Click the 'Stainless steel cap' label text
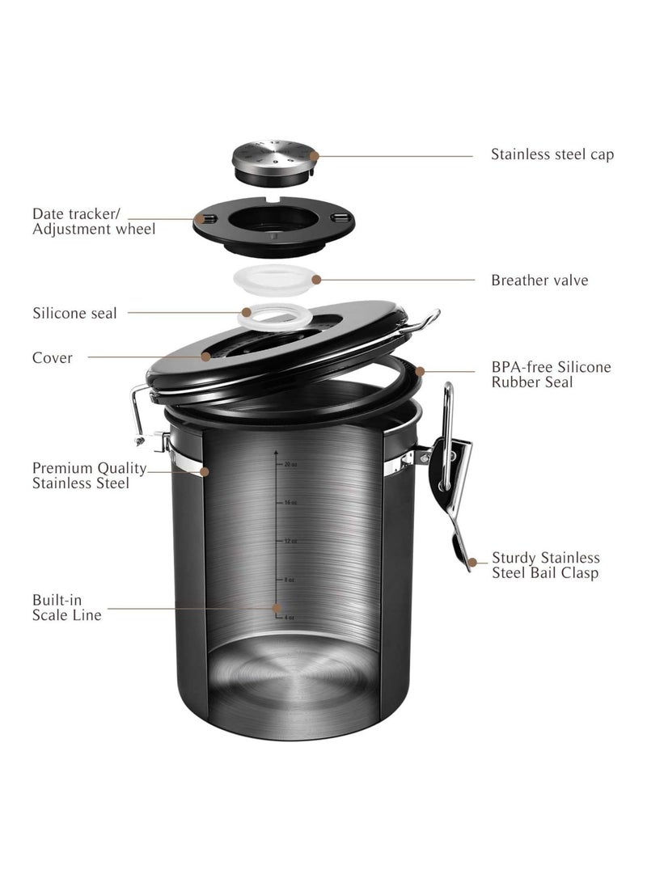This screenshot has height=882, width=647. click(552, 154)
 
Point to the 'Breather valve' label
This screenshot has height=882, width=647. click(539, 281)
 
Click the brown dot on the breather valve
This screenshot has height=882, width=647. click(316, 280)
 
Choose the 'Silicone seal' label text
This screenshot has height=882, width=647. click(74, 313)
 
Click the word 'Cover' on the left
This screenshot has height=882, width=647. click(53, 357)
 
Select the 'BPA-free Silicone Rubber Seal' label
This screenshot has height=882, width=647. click(551, 374)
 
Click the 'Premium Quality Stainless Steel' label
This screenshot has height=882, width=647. click(89, 475)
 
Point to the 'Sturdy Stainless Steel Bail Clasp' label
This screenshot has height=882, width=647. click(545, 565)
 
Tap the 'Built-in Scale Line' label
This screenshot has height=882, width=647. click(67, 608)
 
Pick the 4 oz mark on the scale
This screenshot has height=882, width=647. click(287, 617)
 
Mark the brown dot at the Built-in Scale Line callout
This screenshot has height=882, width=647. click(277, 607)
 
